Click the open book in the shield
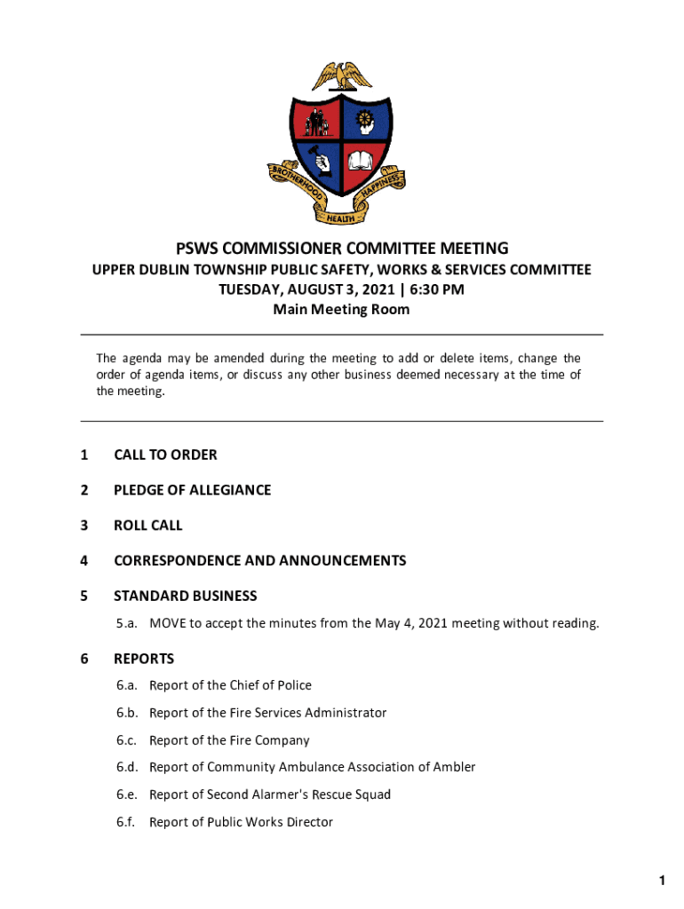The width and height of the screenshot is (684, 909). [362, 162]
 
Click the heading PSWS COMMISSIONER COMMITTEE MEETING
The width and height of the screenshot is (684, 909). [342, 249]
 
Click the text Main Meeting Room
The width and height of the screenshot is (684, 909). [342, 310]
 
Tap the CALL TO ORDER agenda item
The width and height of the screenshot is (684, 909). [165, 454]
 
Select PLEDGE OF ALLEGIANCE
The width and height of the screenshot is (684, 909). [192, 490]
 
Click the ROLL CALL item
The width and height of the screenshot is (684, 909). [147, 526]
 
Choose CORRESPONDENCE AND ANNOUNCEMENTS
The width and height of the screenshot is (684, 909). [259, 560]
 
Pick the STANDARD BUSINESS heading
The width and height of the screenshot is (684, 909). [185, 596]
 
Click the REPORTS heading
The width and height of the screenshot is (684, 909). [144, 659]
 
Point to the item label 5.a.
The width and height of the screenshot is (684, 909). [125, 623]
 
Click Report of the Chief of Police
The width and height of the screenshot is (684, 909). [230, 685]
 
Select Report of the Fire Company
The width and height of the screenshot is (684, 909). [229, 740]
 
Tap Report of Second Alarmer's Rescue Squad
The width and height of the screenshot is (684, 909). [270, 794]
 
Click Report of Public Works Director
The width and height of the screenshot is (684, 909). [241, 822]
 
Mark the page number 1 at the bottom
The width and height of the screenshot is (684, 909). [662, 880]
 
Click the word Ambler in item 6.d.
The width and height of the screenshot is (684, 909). [453, 767]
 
